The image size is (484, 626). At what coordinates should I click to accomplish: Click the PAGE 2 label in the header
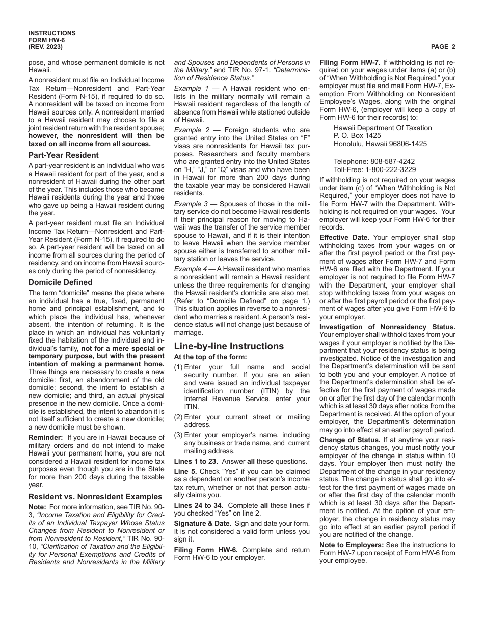coord(443,47)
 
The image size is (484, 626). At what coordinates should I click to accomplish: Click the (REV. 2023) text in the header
coord(46,47)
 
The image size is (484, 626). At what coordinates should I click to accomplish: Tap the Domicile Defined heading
coord(60,282)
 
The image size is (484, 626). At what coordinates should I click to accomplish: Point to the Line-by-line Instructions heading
coord(229,346)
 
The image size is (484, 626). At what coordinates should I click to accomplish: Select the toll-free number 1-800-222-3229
coord(392,169)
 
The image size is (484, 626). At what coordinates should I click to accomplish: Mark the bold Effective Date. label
coord(344,237)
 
